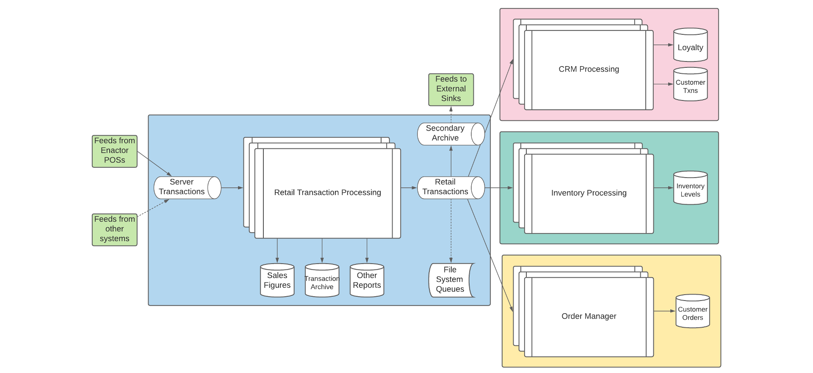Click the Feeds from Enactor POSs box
pos(114,151)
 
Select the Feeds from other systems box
pos(114,229)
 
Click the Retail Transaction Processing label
pos(327,192)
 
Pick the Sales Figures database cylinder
pos(277,280)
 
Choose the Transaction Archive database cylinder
pos(322,281)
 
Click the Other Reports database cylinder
pos(367,280)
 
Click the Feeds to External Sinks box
pos(451,89)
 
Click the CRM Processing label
pos(589,69)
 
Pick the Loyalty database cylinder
pos(690,45)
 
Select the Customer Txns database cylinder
pos(690,84)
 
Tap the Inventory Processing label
pos(589,193)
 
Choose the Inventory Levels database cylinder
pos(690,188)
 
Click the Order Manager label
pos(589,316)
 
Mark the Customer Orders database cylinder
pos(692,311)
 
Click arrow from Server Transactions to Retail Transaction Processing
pos(232,187)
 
